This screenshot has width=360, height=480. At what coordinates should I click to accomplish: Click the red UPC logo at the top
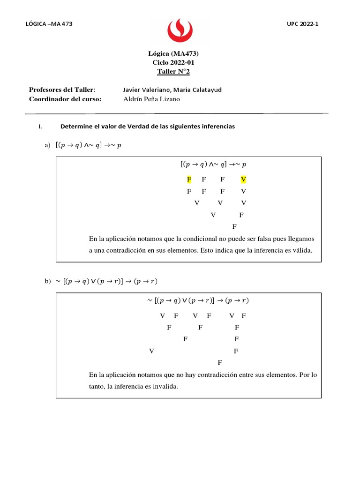coord(180,29)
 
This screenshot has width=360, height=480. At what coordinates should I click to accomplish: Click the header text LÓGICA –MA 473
coord(49,24)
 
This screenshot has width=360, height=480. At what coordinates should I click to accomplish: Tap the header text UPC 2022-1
coord(302,24)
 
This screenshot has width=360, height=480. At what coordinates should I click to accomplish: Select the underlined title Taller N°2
coord(173,72)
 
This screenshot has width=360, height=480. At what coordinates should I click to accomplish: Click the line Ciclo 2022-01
coord(173,62)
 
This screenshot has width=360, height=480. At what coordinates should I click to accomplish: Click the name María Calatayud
coord(196,90)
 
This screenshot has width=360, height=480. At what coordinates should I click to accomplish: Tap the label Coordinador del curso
coord(65,99)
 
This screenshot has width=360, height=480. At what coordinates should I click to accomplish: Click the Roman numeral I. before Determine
coord(40,127)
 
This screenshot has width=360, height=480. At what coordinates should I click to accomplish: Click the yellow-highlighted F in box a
coord(189,180)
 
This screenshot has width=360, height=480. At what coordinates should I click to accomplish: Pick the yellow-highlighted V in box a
coord(243,180)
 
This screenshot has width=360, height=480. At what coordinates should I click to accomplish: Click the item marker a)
coord(47,146)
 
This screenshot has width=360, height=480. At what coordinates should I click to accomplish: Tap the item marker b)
coord(47,281)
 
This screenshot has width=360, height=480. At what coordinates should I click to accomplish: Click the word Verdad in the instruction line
coord(125,127)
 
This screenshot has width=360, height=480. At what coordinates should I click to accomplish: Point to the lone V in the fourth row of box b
coord(151,351)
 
